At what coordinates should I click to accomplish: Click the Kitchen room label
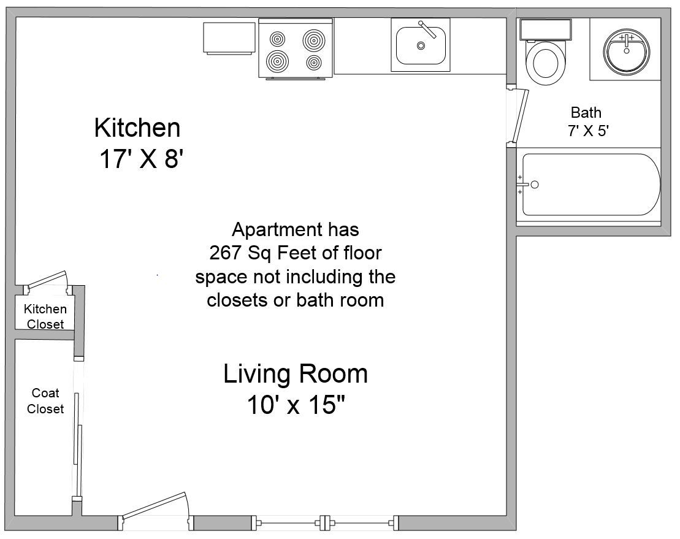(137, 128)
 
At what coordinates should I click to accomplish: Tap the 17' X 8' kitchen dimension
(142, 158)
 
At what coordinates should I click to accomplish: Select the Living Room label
(296, 374)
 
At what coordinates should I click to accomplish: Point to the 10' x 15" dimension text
(296, 405)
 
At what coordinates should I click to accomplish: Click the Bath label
(586, 113)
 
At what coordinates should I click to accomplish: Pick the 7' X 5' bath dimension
(588, 131)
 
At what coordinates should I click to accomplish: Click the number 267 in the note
(226, 253)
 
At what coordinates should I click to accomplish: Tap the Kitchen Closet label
(45, 316)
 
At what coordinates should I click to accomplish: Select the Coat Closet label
(45, 400)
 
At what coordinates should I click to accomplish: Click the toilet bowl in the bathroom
(546, 63)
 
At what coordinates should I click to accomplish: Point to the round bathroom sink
(626, 51)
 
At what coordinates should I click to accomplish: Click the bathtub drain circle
(535, 185)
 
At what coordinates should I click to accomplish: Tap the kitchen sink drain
(421, 45)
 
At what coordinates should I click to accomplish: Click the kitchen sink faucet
(427, 29)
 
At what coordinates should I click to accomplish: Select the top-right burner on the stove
(314, 40)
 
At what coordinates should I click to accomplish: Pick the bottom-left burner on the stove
(278, 61)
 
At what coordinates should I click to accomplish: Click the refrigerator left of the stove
(229, 38)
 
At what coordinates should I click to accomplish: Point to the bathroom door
(520, 116)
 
